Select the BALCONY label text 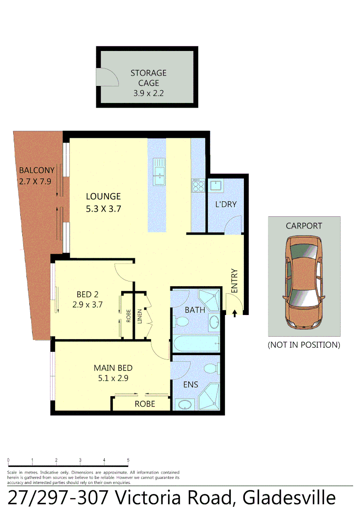tap(36, 170)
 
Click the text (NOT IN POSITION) tap(304, 345)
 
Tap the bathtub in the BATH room tap(196, 344)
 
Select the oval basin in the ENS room tap(184, 404)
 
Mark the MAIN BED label tap(113, 368)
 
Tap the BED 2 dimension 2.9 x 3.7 tap(87, 305)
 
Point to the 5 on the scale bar tap(128, 460)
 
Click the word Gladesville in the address tap(289, 498)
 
